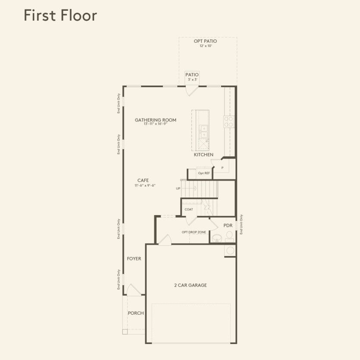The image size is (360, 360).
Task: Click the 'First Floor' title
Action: [60, 15]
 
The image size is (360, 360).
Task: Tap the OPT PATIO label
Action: [205, 41]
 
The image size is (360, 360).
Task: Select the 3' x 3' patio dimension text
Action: [192, 79]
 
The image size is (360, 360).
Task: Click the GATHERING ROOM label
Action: [155, 120]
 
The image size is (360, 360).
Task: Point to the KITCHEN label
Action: [203, 154]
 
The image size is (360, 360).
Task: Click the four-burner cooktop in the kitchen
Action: [229, 122]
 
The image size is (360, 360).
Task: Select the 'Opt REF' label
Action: [204, 173]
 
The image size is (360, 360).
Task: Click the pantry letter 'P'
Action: [222, 168]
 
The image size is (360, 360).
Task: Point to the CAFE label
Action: [143, 180]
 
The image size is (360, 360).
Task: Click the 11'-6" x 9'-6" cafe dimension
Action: [144, 185]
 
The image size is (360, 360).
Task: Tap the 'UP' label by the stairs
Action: [178, 188]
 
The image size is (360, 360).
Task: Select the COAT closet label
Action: [189, 209]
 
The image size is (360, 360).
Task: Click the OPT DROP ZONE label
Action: [194, 232]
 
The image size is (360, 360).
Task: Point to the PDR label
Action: [228, 225]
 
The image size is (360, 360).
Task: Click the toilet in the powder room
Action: [229, 236]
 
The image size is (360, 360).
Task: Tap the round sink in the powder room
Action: [216, 237]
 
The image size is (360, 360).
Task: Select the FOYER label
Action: [134, 259]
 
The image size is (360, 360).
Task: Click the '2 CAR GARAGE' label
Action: [190, 285]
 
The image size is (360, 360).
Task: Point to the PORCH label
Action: [136, 313]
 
